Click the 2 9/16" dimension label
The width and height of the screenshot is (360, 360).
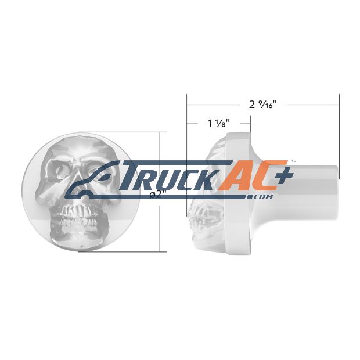tap(262, 105)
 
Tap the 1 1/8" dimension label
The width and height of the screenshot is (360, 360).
tap(218, 124)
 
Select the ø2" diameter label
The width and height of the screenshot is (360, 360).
tap(158, 195)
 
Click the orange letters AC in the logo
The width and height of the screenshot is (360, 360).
tap(252, 175)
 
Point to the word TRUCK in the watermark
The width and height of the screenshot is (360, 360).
tap(170, 175)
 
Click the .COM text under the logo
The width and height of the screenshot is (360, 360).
tap(260, 197)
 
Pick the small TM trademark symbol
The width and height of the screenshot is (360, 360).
tap(294, 161)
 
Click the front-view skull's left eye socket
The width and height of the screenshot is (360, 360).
tap(59, 170)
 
